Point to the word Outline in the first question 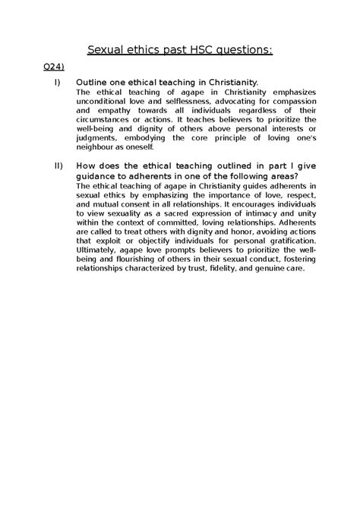pos(96,81)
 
